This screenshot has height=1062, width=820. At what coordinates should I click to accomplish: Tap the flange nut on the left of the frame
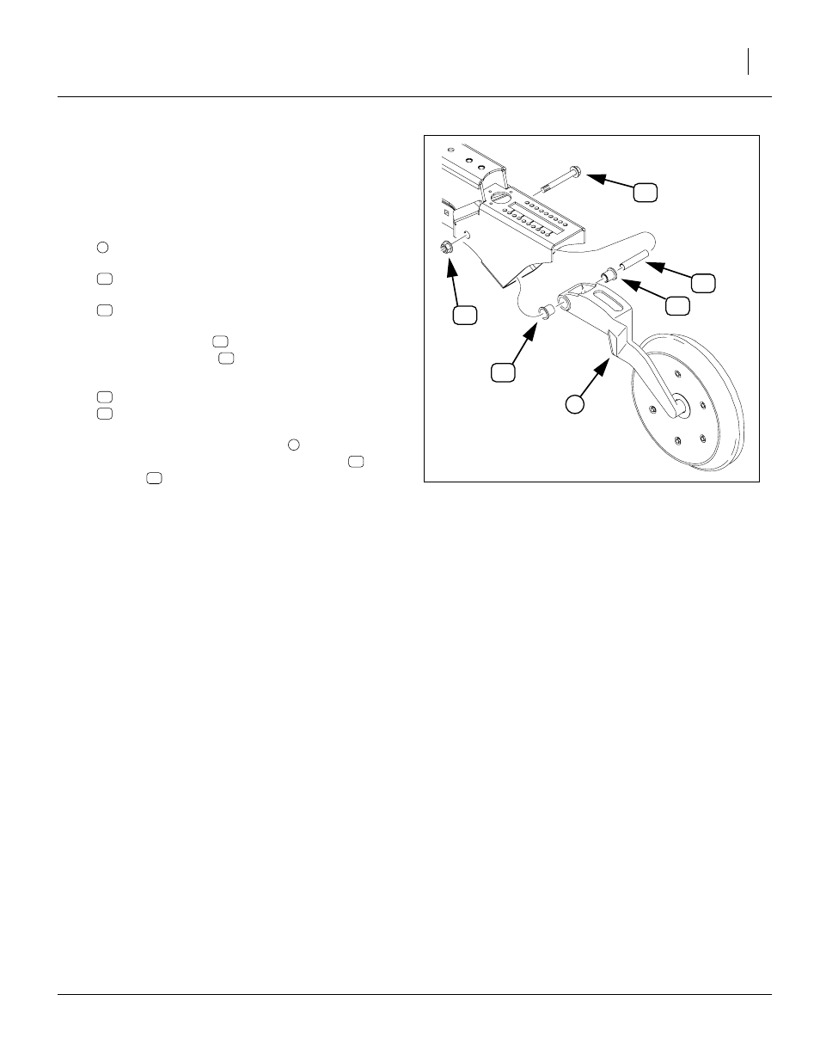(446, 249)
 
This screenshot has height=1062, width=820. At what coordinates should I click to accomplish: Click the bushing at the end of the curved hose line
(545, 310)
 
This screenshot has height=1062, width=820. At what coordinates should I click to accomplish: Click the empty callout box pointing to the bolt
(646, 192)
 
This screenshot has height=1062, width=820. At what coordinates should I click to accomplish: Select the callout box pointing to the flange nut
(465, 316)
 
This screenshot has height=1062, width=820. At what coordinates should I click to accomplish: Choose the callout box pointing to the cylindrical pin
(704, 283)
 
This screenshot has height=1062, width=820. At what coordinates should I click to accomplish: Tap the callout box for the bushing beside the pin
(678, 304)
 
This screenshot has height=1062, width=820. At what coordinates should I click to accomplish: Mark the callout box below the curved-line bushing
(503, 371)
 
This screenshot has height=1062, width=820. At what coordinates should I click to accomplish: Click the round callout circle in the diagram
(576, 402)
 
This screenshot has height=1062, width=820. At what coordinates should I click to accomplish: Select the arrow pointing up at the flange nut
(455, 279)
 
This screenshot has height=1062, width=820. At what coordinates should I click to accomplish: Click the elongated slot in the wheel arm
(612, 302)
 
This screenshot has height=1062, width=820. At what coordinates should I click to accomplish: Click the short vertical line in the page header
(749, 61)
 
